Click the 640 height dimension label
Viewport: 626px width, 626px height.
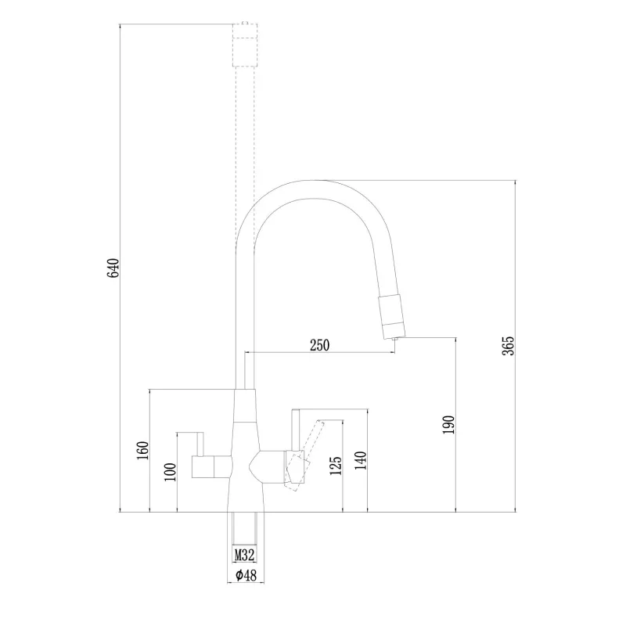click(x=113, y=268)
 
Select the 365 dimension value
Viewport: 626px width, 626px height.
click(x=508, y=346)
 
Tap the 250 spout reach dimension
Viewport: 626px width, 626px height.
click(x=320, y=345)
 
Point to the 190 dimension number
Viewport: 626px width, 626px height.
click(x=448, y=425)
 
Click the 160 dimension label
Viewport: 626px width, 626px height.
click(x=142, y=451)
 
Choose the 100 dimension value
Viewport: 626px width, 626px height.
click(x=170, y=472)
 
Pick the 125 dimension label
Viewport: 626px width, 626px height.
click(x=336, y=466)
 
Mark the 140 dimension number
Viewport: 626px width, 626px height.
click(x=361, y=460)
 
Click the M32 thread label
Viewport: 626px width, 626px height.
click(x=244, y=555)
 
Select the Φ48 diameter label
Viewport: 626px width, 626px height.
click(x=246, y=575)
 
